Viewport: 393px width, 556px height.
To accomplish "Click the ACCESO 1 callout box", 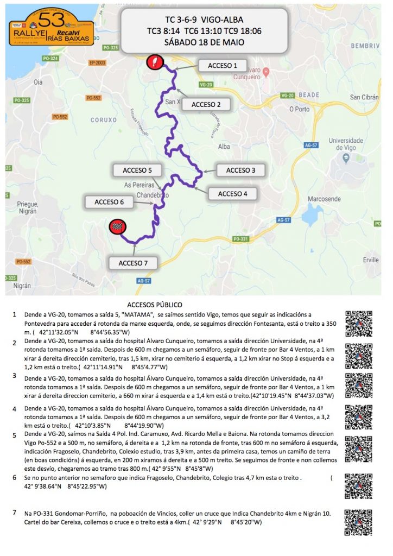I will tap(222, 66).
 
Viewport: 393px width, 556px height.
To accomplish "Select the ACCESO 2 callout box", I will tap(206, 104).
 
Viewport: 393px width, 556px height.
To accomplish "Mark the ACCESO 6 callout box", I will tap(109, 202).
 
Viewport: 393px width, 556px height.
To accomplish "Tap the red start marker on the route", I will tap(155, 61).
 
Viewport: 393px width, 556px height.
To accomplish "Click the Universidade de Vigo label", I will tap(346, 144).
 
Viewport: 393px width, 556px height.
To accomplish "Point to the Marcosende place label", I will tap(323, 199).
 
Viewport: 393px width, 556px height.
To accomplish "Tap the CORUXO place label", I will tap(103, 120).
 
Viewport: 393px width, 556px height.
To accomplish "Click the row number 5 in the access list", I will tap(14, 435).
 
